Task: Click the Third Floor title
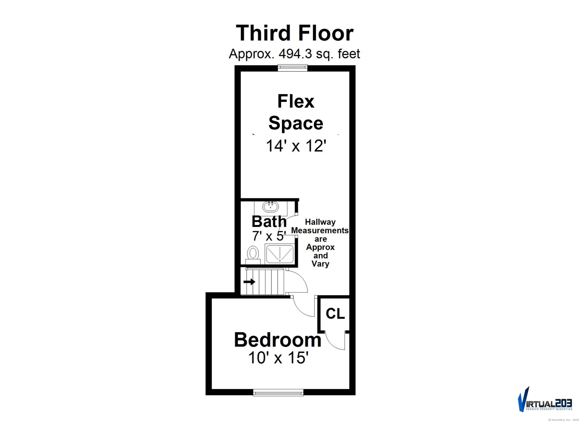(295, 33)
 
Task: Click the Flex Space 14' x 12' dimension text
(296, 146)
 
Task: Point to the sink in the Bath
(270, 206)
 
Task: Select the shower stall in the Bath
(280, 254)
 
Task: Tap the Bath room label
(269, 222)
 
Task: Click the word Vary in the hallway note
(320, 264)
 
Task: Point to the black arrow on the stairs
(249, 282)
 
